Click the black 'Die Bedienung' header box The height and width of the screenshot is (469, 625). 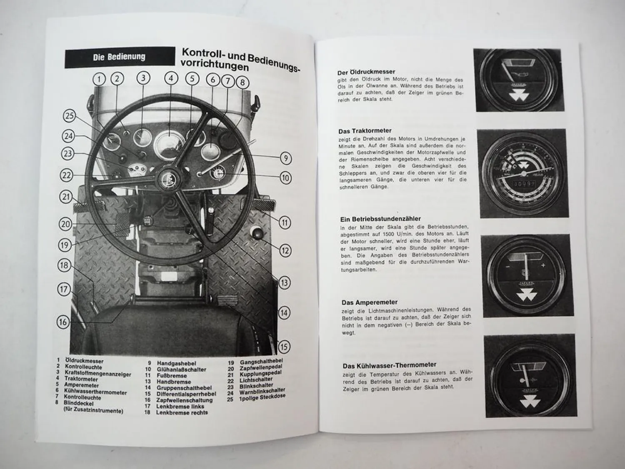(x=120, y=57)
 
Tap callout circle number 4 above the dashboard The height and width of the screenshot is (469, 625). (x=171, y=78)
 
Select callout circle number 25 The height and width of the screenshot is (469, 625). (x=70, y=116)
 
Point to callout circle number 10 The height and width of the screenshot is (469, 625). (x=285, y=178)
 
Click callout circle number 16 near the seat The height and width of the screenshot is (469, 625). (x=63, y=322)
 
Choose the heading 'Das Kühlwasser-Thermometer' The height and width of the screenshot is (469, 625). (x=390, y=365)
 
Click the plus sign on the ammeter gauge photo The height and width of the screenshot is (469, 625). (x=543, y=266)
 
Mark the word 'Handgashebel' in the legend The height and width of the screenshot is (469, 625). (x=177, y=364)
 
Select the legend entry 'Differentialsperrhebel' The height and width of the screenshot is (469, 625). (x=186, y=394)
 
